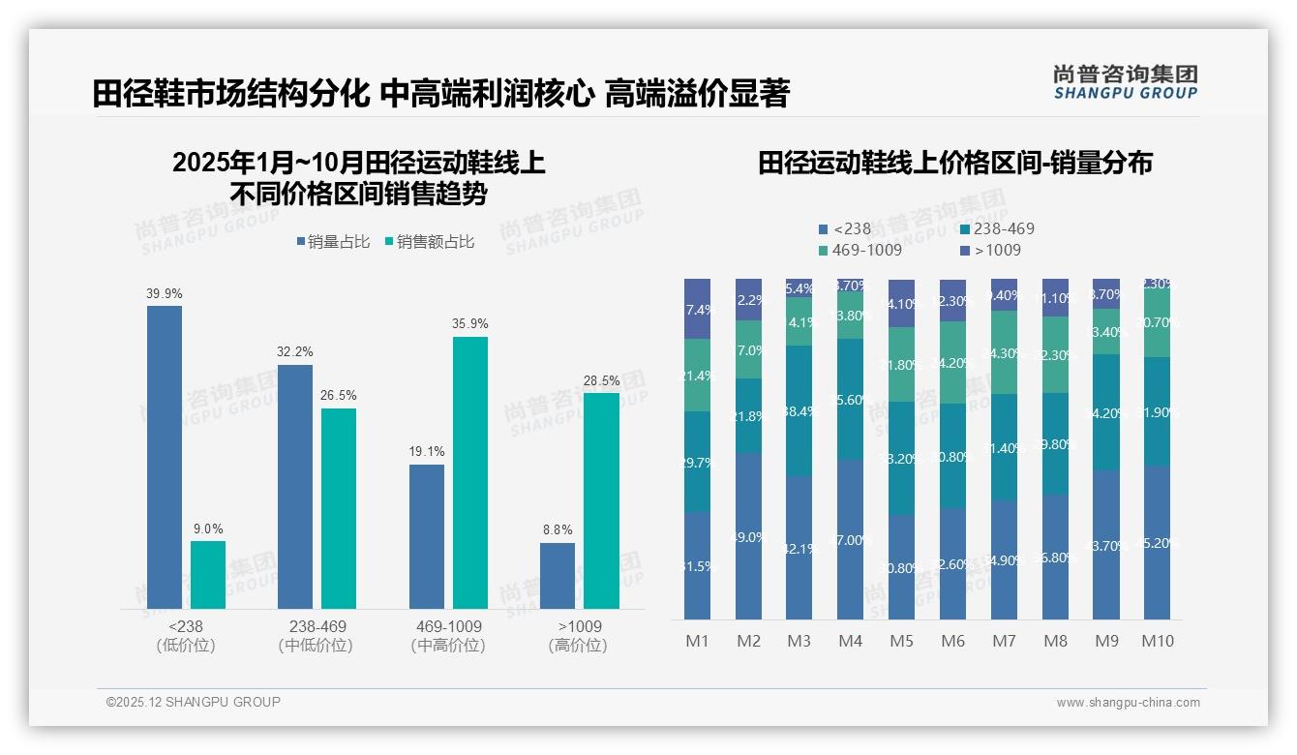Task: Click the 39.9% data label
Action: [x=165, y=293]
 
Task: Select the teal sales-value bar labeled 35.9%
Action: [x=470, y=472]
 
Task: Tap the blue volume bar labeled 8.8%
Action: [x=557, y=576]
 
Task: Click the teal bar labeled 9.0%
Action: [x=208, y=575]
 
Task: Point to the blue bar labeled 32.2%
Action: [x=295, y=486]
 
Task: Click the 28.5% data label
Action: [x=601, y=380]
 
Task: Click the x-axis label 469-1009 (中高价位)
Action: [x=447, y=636]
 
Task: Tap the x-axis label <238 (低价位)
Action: [x=185, y=636]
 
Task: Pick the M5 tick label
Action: [x=901, y=641]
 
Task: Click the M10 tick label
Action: [x=1157, y=641]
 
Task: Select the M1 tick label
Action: [x=697, y=641]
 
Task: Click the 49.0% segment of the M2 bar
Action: [x=748, y=536]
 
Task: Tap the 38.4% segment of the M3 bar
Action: [x=799, y=410]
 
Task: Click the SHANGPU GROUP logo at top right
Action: [x=1125, y=82]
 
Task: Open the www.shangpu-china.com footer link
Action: [x=1128, y=703]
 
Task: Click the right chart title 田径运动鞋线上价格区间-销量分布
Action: [x=954, y=164]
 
